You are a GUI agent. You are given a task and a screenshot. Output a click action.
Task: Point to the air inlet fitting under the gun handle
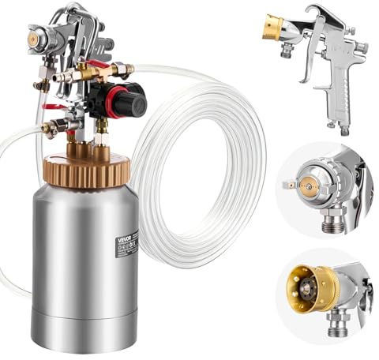click(346, 126)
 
